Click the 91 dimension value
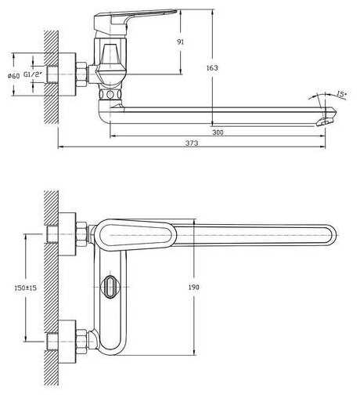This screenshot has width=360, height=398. coord(180,42)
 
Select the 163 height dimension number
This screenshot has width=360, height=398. coord(212,68)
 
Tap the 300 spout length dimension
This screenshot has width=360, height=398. coord(218,132)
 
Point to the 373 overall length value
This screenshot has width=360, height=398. coord(192,143)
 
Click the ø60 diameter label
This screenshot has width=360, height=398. coord(14,76)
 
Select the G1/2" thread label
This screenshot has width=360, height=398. coord(33,74)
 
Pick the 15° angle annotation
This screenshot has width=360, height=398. coord(341,94)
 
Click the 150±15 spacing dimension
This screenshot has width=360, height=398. coord(26,288)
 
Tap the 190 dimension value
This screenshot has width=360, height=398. coord(194,288)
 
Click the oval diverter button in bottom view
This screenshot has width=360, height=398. coord(110,287)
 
